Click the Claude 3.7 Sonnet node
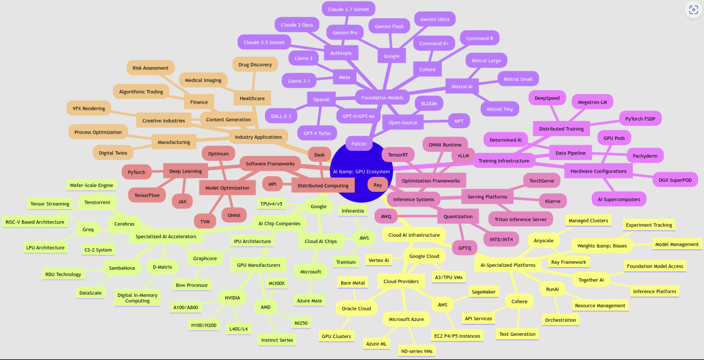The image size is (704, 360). coord(348,9)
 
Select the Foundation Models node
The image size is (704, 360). coord(382,98)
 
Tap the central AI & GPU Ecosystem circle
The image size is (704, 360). coord(361,171)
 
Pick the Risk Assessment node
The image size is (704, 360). coord(150,68)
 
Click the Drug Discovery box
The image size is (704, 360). coord(255,65)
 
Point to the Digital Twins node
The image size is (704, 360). coord(113,153)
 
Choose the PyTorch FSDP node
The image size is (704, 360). coord(640,119)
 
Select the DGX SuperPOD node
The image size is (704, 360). coord(675,180)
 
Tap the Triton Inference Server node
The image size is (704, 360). coord(520,220)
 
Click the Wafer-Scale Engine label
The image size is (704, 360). coord(91,185)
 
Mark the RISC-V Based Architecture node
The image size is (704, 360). coord(35,222)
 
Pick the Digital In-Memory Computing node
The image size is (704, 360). coord(137,298)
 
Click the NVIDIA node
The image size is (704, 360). coord(232,298)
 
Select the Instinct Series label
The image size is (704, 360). coord(277,340)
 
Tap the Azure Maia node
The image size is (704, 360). coord(309,301)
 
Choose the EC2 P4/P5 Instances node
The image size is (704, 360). coord(457,336)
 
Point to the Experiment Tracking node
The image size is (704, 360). coord(649,225)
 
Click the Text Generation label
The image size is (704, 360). coord(517,334)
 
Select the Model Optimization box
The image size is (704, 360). coord(227,188)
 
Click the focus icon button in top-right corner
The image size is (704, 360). coord(693,10)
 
